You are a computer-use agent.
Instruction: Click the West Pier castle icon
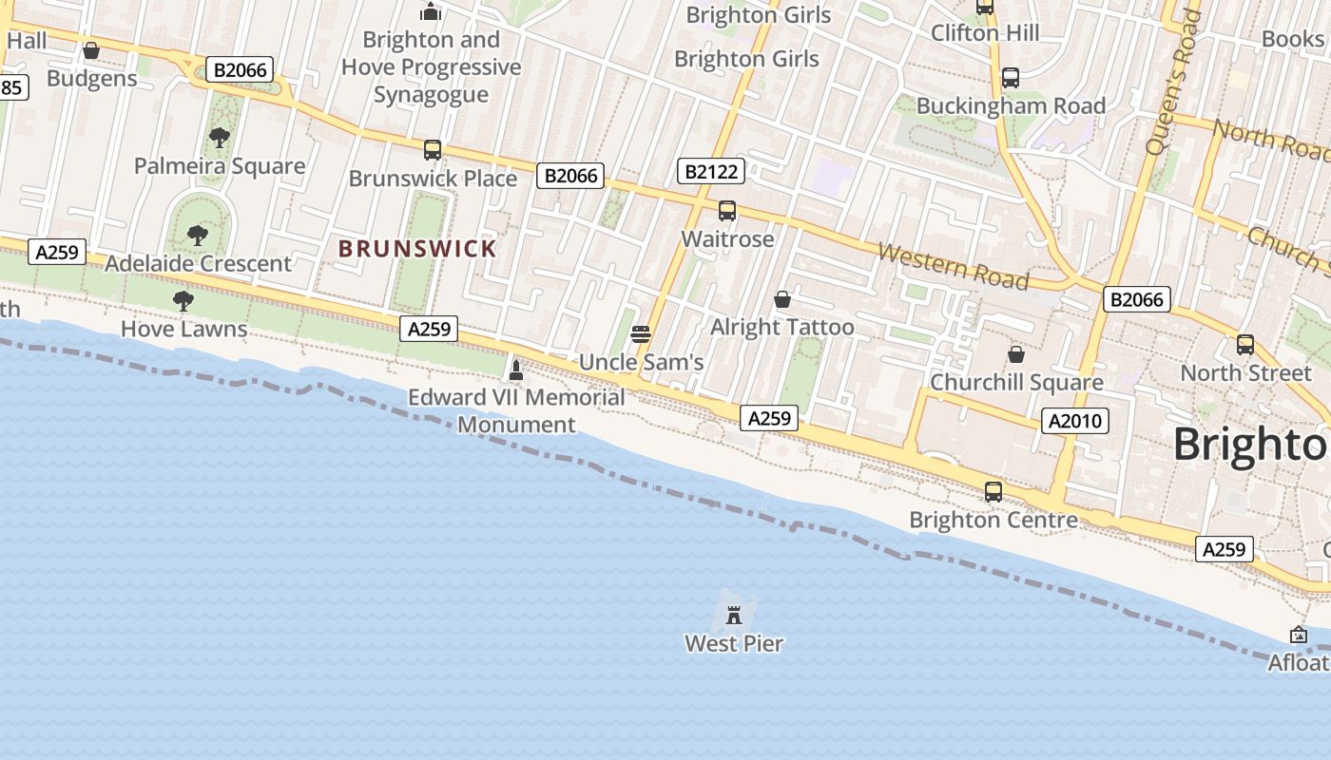point(733,615)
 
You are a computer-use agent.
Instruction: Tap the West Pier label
point(734,644)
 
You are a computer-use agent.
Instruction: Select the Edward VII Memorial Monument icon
point(516,370)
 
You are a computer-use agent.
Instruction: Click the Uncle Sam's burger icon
point(641,334)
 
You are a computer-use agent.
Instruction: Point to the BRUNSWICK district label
point(417,249)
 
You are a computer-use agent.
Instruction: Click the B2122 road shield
point(712,171)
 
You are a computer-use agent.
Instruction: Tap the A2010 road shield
point(1075,420)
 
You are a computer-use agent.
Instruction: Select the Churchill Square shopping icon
point(1016,354)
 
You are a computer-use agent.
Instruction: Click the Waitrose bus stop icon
point(727,211)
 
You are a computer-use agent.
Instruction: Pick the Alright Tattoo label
point(782,328)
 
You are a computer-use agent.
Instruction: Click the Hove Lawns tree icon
point(183,302)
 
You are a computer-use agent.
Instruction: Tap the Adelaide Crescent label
point(198,263)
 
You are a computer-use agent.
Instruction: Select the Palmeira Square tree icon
point(220,138)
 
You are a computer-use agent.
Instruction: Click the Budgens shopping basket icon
point(91,50)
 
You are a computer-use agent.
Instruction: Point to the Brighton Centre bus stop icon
point(993,492)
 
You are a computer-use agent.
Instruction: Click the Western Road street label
point(953,266)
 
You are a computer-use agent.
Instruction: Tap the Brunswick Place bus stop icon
point(433,150)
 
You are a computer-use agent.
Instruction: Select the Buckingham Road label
point(1011,105)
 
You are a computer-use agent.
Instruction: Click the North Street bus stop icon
point(1245,345)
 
